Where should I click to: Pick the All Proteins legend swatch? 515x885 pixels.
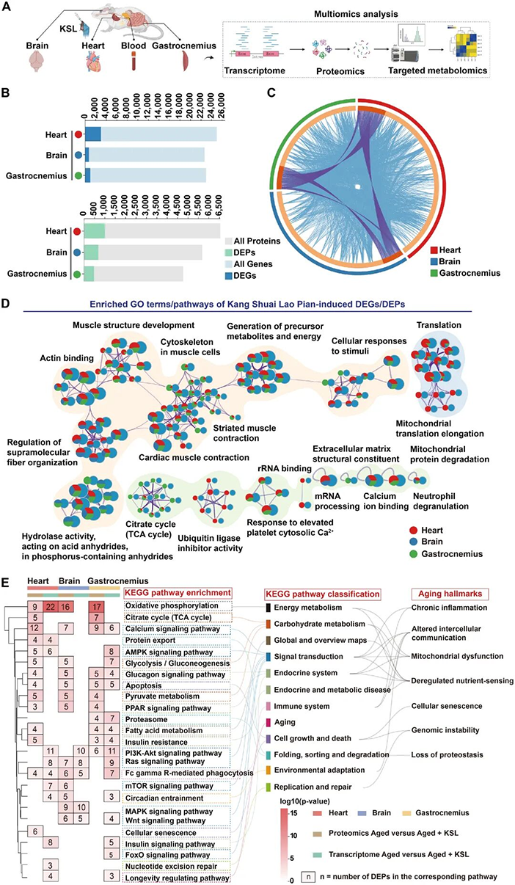coord(229,241)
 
